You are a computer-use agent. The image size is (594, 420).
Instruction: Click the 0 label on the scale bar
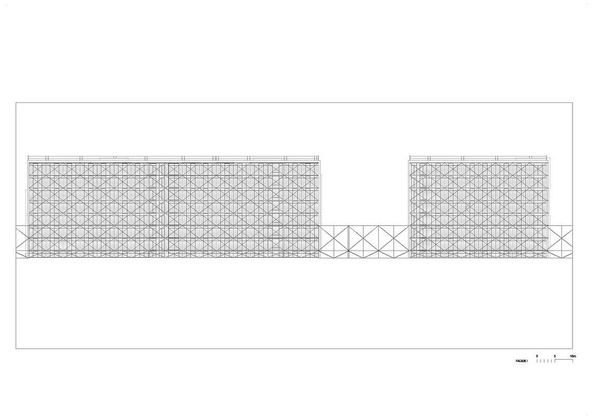pyautogui.click(x=537, y=356)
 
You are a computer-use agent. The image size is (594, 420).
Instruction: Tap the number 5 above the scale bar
pyautogui.click(x=555, y=356)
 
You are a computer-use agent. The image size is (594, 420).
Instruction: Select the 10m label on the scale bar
pyautogui.click(x=572, y=356)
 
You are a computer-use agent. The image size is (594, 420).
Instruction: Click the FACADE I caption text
pyautogui.click(x=522, y=361)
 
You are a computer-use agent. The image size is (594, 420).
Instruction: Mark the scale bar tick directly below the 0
pyautogui.click(x=537, y=361)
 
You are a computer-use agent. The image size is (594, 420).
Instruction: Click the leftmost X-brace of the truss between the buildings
pyautogui.click(x=334, y=242)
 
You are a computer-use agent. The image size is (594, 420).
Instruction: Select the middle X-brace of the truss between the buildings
pyautogui.click(x=364, y=242)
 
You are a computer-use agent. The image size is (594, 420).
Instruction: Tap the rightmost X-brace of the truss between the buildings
pyautogui.click(x=394, y=242)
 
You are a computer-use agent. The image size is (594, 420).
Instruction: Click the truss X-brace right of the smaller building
pyautogui.click(x=561, y=242)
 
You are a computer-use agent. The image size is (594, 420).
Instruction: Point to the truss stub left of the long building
pyautogui.click(x=22, y=242)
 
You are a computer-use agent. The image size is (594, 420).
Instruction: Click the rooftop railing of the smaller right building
pyautogui.click(x=480, y=157)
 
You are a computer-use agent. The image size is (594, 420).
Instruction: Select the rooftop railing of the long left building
pyautogui.click(x=174, y=157)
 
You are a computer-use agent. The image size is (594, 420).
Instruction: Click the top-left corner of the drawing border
pyautogui.click(x=16, y=103)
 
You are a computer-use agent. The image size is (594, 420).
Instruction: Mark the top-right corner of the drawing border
pyautogui.click(x=572, y=103)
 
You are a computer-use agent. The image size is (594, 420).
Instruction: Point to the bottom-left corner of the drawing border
pyautogui.click(x=16, y=349)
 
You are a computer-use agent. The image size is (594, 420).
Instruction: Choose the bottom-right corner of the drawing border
pyautogui.click(x=572, y=349)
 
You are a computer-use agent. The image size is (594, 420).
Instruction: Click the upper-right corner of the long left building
pyautogui.click(x=320, y=161)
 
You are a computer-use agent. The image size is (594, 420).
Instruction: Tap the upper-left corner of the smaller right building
pyautogui.click(x=409, y=161)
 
